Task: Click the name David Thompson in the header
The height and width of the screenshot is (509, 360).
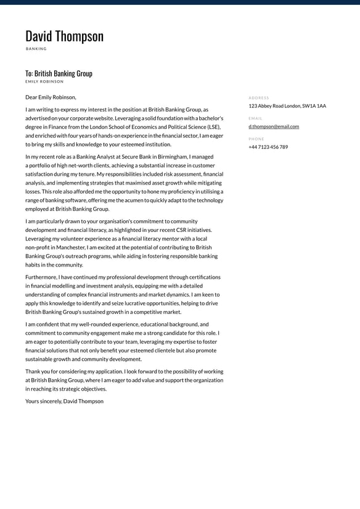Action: point(64,36)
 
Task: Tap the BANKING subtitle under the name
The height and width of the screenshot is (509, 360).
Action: point(36,49)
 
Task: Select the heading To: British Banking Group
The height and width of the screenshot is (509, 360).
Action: point(59,73)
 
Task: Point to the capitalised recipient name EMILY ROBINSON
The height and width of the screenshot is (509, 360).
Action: point(44,81)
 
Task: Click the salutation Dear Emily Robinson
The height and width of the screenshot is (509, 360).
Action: point(51,97)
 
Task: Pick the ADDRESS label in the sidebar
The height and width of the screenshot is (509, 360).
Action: point(259,97)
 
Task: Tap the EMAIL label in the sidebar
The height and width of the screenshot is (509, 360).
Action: point(255,118)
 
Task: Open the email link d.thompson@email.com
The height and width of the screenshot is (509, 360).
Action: point(274,126)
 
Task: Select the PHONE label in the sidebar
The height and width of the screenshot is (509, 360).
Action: point(256,139)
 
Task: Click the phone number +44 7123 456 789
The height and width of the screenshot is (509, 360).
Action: point(268,147)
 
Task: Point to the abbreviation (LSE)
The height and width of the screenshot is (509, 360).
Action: point(213,127)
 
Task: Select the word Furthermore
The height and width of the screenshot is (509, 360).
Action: point(41,277)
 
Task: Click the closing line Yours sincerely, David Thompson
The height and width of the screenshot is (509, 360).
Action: point(64,401)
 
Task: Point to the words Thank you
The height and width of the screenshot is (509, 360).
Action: point(38,371)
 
